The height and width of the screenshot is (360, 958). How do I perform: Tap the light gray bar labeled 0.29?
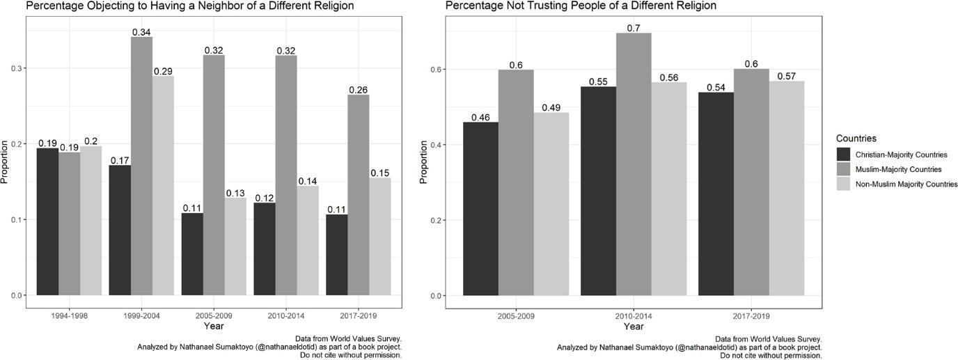(163, 185)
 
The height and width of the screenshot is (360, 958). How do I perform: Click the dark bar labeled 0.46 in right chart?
(480, 209)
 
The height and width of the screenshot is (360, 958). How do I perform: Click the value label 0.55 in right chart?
(599, 81)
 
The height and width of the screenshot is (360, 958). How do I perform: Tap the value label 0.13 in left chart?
(235, 192)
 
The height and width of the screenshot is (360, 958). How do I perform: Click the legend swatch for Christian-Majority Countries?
(844, 154)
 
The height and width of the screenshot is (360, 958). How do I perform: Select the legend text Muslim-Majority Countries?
(898, 169)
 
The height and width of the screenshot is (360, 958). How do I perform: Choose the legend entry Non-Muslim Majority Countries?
(906, 184)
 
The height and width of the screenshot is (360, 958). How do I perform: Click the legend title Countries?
(856, 139)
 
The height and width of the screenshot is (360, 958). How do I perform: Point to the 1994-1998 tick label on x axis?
(69, 315)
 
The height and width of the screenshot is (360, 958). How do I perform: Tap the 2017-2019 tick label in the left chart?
(358, 315)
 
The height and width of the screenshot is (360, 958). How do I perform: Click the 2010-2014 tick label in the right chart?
(634, 315)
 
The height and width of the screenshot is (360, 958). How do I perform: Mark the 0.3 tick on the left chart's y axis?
(14, 68)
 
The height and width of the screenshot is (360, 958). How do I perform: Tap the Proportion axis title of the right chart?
(423, 162)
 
